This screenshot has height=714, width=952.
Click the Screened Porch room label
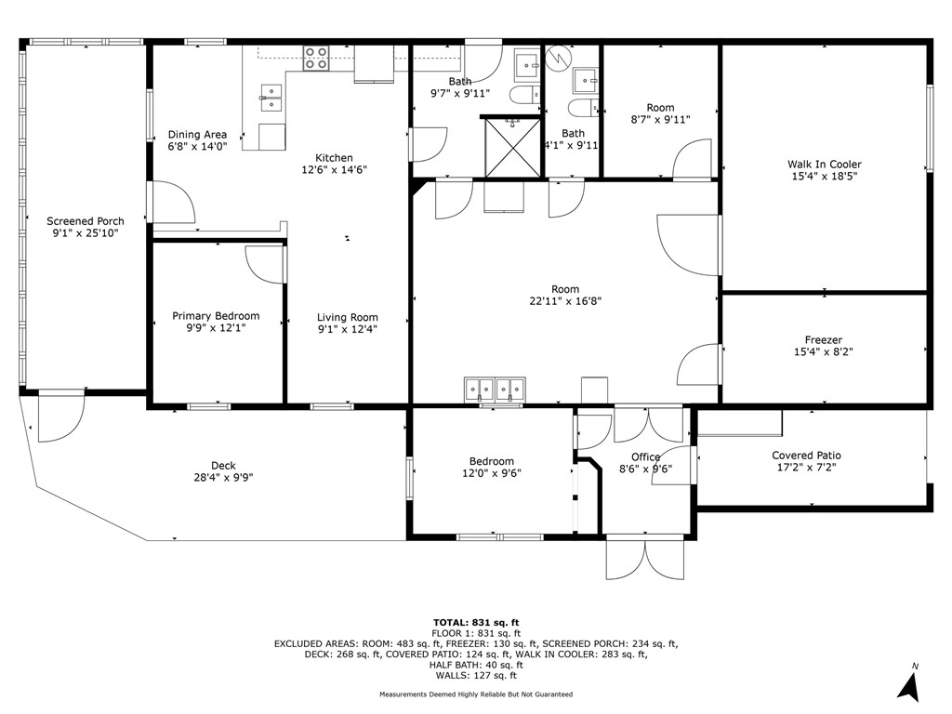86,221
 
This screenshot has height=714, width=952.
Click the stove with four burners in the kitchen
316,58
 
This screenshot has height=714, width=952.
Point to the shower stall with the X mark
510,145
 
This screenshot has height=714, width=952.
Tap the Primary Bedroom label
216,316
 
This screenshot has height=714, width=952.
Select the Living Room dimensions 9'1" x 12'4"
347,329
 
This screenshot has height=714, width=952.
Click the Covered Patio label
806,456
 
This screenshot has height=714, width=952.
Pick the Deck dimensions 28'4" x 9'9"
223,478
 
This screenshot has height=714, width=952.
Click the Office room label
645,456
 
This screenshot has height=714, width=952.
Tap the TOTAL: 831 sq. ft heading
476,622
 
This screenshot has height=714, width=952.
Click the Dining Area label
197,135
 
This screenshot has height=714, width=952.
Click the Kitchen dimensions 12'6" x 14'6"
334,170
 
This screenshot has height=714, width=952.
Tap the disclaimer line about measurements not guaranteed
476,694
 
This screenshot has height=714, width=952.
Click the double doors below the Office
645,558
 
